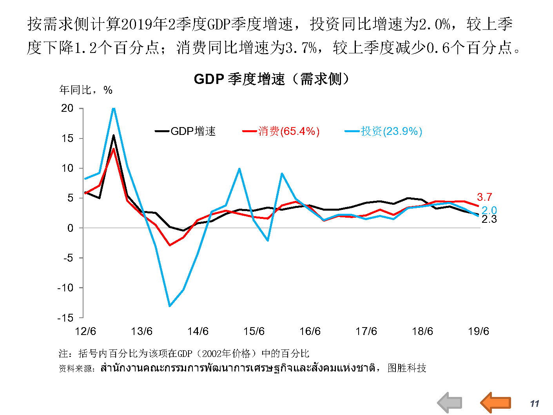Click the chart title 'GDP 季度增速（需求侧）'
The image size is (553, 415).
coord(271,79)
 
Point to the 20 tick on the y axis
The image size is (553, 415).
coord(67,108)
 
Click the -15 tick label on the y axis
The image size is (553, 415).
coord(65,318)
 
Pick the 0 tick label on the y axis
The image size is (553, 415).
coord(70,228)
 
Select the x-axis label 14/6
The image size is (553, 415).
coord(198,331)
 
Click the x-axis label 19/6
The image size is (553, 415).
coord(479,331)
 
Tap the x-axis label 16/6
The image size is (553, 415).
coord(310,331)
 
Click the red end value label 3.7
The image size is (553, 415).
coord(484,197)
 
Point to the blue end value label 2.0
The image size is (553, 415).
coord(489,210)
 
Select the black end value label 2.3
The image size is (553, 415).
coord(489,219)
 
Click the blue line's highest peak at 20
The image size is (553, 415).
coord(113,108)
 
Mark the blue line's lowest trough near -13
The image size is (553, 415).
coord(169,306)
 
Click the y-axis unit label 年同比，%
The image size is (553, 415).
coord(86,90)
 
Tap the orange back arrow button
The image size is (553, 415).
coord(496,402)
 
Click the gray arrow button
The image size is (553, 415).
coord(450,402)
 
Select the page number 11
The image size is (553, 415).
coord(534,404)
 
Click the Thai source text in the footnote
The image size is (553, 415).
coord(238,368)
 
